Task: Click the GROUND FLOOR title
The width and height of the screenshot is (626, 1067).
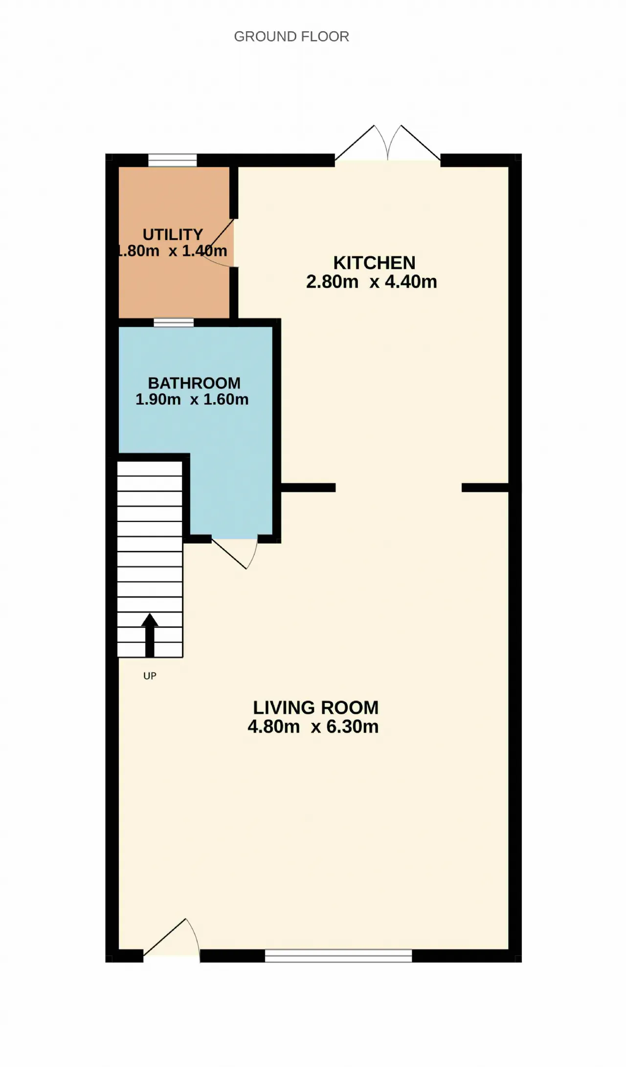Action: tap(291, 37)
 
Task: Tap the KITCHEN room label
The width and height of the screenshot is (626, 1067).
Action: tap(374, 263)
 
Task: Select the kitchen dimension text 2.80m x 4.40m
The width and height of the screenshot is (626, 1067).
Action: tap(372, 282)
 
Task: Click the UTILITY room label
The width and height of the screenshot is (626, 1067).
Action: tap(173, 234)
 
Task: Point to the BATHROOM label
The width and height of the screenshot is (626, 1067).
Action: tap(194, 383)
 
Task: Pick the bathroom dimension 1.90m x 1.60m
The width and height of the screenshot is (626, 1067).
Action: tap(192, 399)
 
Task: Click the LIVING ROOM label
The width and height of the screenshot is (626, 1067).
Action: tap(315, 707)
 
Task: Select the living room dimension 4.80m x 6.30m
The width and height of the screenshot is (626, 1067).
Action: tap(313, 726)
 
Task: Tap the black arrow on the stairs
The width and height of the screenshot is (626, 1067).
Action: tap(150, 635)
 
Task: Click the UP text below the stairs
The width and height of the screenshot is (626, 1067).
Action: tap(150, 676)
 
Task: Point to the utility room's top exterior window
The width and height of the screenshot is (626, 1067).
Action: tap(172, 160)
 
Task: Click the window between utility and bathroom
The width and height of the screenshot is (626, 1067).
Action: tap(174, 322)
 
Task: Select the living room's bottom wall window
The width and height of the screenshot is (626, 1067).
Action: tap(338, 955)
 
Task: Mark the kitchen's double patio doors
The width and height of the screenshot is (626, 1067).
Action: tap(387, 142)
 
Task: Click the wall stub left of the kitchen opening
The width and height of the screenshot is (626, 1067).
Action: tap(308, 487)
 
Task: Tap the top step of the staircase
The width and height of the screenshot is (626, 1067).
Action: tap(150, 469)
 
